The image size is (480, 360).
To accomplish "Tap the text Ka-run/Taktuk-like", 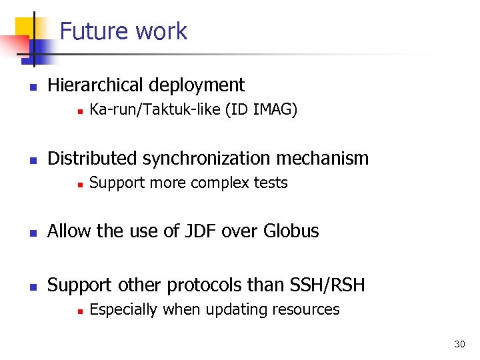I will (x=155, y=110).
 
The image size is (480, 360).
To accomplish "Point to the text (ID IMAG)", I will (x=261, y=110).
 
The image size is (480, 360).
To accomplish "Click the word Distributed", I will (x=92, y=159).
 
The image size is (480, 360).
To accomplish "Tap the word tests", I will (x=271, y=183).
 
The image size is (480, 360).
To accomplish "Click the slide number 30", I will (x=459, y=344).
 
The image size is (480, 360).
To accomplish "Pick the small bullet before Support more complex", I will (x=79, y=183).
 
